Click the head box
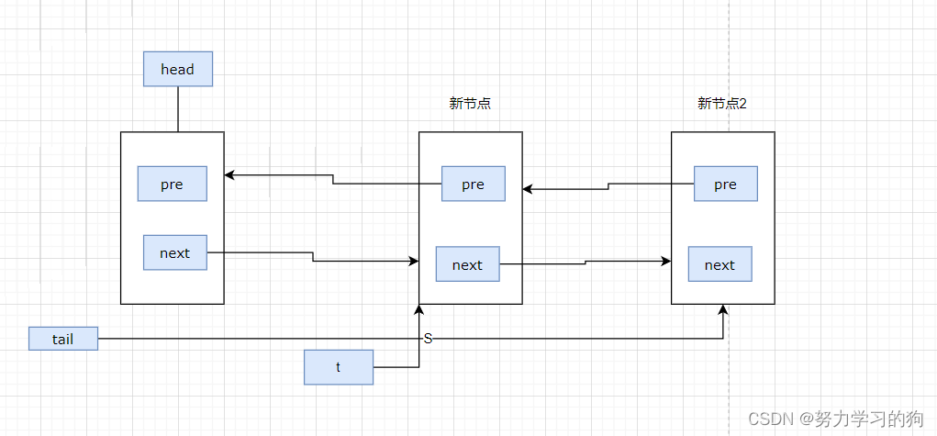coord(177,69)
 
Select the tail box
coord(63,339)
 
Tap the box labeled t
coord(339,367)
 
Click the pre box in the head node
coord(173,184)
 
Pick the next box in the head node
coord(175,252)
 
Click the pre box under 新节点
coord(474,184)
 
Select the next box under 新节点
coord(467,263)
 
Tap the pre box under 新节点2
coord(725,184)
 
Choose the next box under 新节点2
coord(720,263)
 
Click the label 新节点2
coord(722,104)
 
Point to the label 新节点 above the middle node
coord(470,104)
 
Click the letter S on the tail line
coord(428,339)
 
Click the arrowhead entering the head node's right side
coord(229,175)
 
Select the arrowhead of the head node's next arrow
coord(414,262)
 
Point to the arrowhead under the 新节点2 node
coord(723,309)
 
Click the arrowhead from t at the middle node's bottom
coord(418,309)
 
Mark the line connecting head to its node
coord(178,109)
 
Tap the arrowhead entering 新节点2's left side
coord(665,262)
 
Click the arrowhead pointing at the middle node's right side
coord(528,190)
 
